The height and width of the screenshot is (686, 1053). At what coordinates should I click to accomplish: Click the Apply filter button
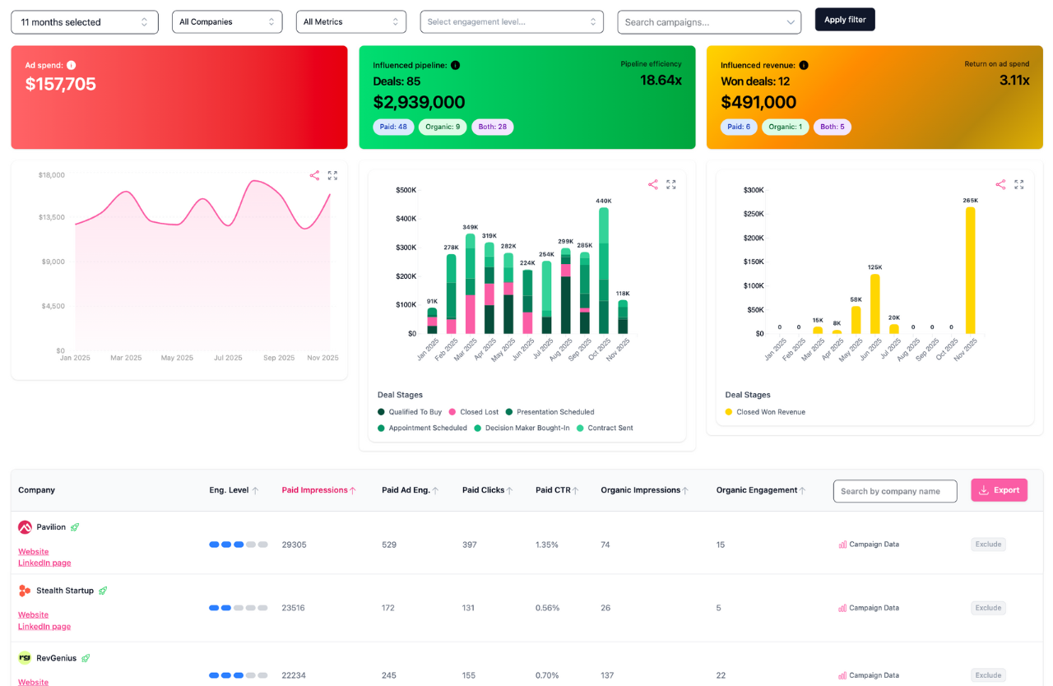(845, 20)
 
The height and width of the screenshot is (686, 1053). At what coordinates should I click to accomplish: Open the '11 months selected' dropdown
(85, 22)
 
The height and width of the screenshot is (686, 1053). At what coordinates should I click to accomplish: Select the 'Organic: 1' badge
(784, 127)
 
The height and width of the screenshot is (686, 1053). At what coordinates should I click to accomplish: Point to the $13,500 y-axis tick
(52, 218)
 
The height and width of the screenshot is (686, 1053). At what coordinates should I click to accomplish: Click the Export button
(999, 490)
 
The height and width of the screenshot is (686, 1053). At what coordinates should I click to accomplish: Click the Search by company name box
(895, 491)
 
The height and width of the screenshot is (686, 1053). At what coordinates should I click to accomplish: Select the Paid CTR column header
(553, 490)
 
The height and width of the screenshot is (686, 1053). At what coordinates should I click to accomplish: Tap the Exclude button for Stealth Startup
(988, 608)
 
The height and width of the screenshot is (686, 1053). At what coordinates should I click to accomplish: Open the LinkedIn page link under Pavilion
(44, 563)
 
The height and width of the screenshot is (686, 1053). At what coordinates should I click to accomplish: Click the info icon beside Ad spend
(72, 65)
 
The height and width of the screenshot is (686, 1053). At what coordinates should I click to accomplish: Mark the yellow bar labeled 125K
(875, 304)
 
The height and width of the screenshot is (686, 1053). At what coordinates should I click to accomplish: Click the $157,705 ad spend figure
(61, 84)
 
